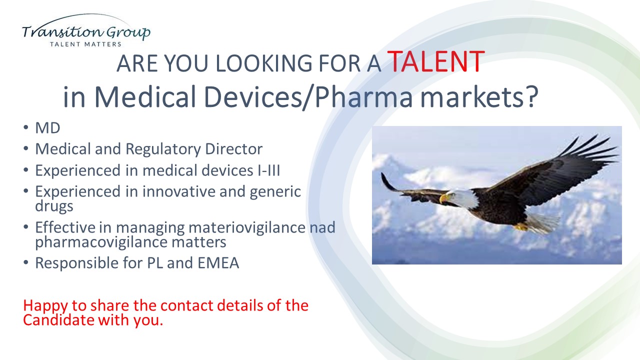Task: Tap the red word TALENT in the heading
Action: (x=436, y=61)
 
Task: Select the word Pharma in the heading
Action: (x=364, y=97)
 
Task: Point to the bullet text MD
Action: (x=47, y=127)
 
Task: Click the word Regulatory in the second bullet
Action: (x=162, y=149)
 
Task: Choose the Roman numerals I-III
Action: (x=268, y=170)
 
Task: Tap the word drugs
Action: (x=54, y=206)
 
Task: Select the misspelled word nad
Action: (x=322, y=227)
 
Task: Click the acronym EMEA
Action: (x=218, y=263)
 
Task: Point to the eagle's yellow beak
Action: (x=443, y=198)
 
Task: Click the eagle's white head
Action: (x=460, y=198)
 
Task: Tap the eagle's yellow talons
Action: (x=520, y=227)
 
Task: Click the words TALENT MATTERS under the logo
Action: (x=85, y=44)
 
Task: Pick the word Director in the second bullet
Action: (x=233, y=149)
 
